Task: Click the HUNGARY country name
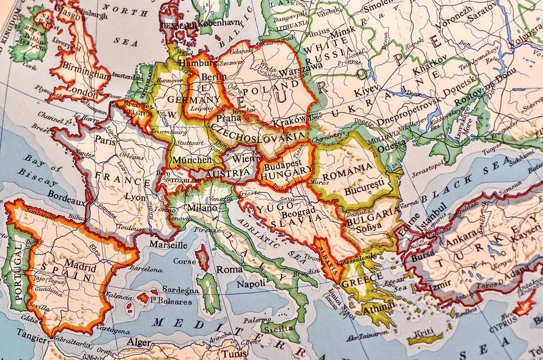pyautogui.click(x=287, y=171)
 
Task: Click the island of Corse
pyautogui.click(x=202, y=258)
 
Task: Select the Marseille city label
pyautogui.click(x=169, y=245)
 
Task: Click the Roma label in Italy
pyautogui.click(x=229, y=269)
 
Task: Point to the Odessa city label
pyautogui.click(x=392, y=143)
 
